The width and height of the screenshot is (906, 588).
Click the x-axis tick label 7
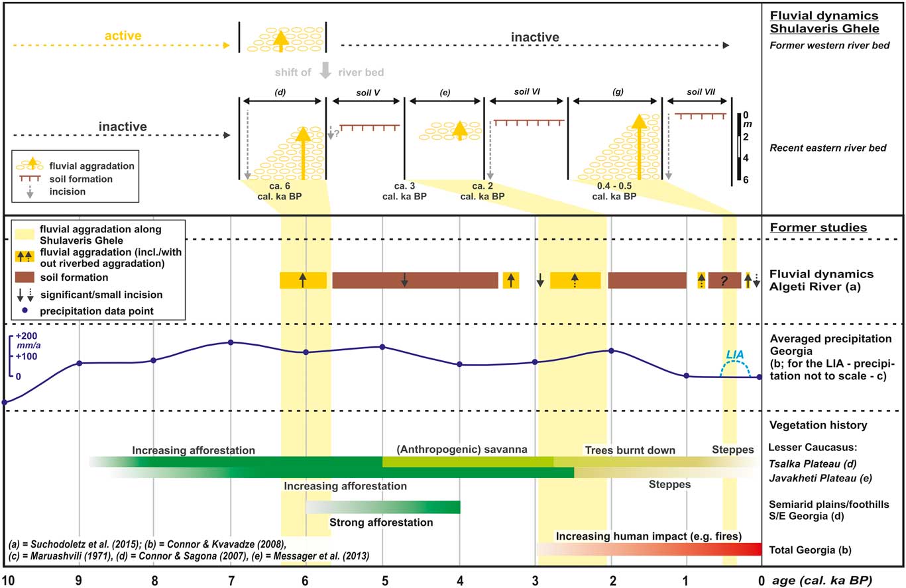(231, 580)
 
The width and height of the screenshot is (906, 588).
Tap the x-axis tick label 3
(535, 580)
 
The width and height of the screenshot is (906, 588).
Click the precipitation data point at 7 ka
(231, 342)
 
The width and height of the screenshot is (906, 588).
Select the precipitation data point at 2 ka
(611, 351)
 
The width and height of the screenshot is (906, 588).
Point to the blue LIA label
(734, 354)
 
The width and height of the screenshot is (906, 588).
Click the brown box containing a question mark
(724, 280)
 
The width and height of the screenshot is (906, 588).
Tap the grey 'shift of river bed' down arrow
(325, 70)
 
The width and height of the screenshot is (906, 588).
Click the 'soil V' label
(368, 93)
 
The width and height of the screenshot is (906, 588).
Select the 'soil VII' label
(701, 92)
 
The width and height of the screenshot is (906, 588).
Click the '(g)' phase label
(618, 92)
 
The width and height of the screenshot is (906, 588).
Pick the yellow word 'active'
(123, 36)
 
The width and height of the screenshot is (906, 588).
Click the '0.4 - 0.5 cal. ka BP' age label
(614, 191)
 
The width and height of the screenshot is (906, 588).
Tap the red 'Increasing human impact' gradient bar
(649, 549)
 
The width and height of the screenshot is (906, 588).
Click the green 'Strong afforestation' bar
(383, 507)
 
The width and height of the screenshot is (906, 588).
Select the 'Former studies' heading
(819, 228)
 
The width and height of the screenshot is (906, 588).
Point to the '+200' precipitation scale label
(27, 336)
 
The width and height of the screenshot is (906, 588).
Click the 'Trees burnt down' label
(630, 450)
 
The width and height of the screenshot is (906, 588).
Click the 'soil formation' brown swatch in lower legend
(25, 277)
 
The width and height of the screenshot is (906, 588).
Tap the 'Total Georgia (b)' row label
(810, 550)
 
